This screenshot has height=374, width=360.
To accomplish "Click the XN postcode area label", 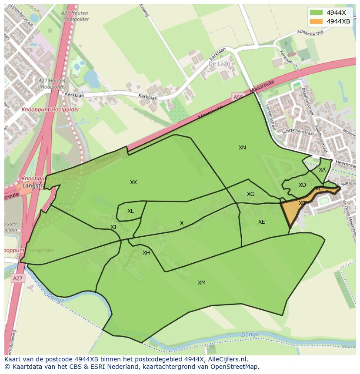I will [242, 148].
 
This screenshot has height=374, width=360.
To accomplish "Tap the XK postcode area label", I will [133, 182].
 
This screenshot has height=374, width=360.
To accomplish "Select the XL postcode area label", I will [130, 211].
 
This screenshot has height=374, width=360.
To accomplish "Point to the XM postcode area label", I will [202, 283].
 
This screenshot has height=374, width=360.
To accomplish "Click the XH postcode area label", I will [146, 253].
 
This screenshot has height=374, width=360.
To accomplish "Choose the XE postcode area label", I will [261, 222].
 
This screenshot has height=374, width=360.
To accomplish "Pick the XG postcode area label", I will [250, 194].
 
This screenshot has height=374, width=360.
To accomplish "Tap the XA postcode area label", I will [322, 170].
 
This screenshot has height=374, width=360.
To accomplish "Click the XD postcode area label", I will [302, 185].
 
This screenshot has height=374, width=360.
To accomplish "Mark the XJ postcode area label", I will [113, 227].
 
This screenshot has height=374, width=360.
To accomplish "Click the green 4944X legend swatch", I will [316, 12].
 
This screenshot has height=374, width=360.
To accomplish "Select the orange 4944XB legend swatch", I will [316, 21].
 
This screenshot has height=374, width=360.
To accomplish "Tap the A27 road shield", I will [17, 278].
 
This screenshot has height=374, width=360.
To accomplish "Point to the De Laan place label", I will [219, 63].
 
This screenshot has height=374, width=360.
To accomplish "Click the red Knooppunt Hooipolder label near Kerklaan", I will [50, 109].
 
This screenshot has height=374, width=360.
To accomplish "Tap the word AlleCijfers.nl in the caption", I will [227, 359].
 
